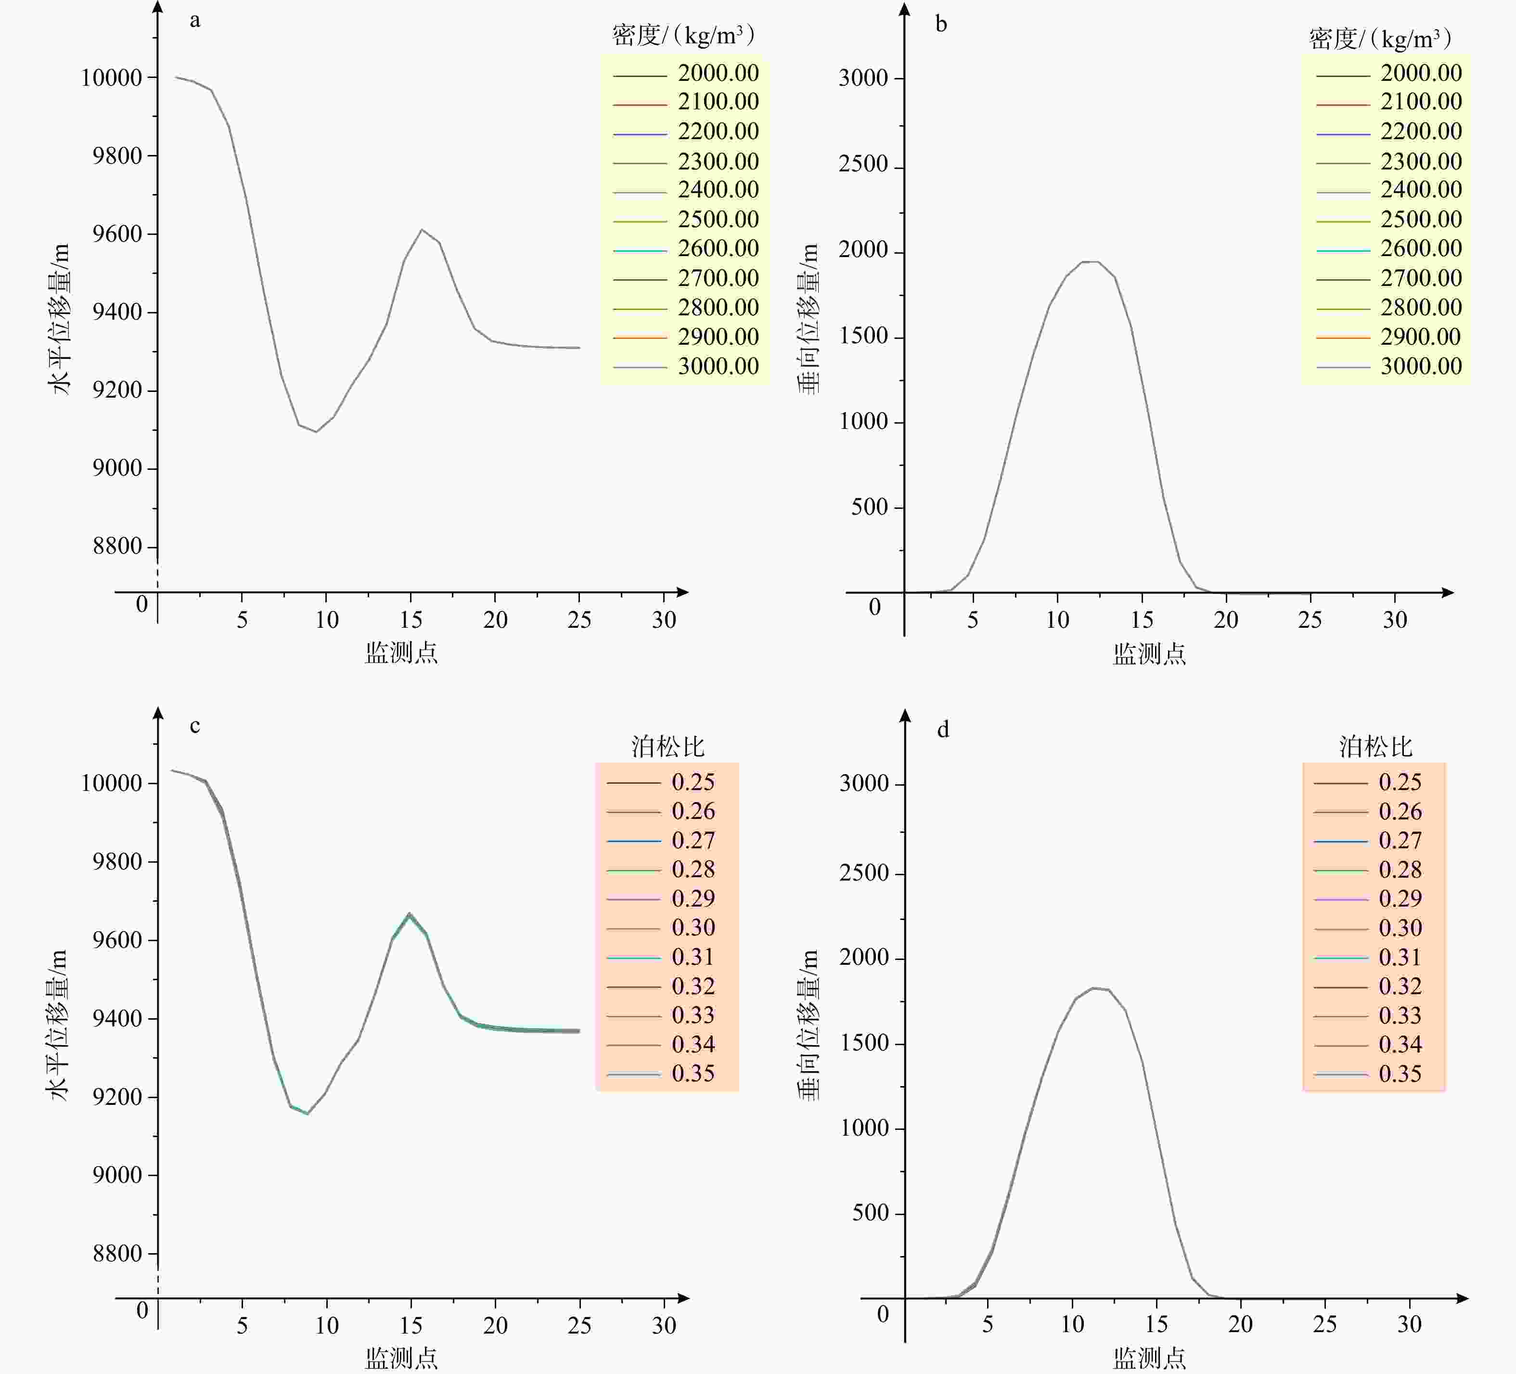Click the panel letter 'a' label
[195, 20]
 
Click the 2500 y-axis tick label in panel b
[863, 165]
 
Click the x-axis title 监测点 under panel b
[1149, 653]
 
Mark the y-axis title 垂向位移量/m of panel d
[809, 1024]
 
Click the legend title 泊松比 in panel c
[668, 746]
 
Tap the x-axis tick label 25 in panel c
[579, 1325]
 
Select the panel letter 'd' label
[943, 729]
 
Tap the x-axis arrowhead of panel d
[1462, 1298]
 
